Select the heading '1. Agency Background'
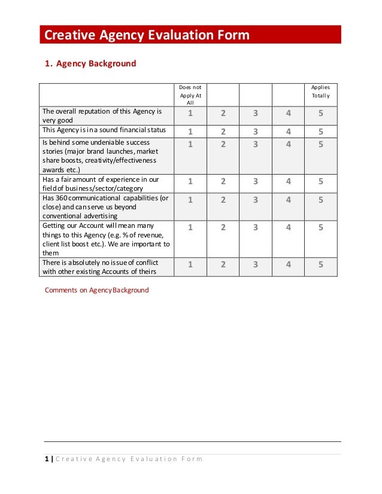(90, 63)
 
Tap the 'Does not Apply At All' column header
(190, 95)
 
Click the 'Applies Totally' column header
(320, 92)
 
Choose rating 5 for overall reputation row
(321, 114)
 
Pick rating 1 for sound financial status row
(190, 132)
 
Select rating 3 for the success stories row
(255, 144)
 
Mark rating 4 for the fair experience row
(289, 182)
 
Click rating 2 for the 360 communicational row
(223, 201)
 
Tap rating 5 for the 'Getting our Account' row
(321, 227)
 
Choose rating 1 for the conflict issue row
(190, 264)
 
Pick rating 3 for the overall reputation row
(255, 114)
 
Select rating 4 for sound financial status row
(289, 132)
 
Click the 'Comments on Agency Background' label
(97, 290)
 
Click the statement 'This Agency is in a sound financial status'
(104, 130)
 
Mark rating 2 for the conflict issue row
(223, 264)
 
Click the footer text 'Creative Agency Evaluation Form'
(129, 459)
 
